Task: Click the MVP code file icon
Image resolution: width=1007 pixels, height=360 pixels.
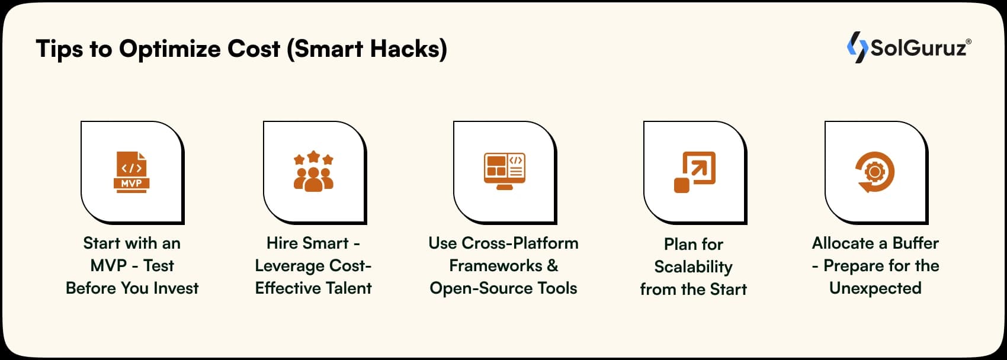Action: tap(132, 172)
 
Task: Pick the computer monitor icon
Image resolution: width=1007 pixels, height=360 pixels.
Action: tap(505, 171)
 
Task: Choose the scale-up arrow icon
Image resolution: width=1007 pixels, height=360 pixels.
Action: tap(695, 172)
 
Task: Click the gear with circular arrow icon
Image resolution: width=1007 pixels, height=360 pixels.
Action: tap(874, 172)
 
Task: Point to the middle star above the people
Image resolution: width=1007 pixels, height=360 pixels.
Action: tap(313, 156)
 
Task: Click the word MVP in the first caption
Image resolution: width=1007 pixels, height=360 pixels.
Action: tap(108, 266)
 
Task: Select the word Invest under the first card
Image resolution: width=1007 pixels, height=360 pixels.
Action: tap(176, 288)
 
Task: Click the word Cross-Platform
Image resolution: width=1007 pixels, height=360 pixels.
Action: tap(519, 243)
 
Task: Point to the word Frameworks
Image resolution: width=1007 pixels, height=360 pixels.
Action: tap(495, 266)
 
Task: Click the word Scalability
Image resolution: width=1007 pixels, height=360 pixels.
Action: tap(693, 267)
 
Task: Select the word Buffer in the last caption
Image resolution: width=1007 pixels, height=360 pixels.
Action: tap(915, 243)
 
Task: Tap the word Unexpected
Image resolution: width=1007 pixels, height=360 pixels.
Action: tap(875, 288)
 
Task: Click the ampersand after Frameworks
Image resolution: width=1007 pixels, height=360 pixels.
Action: tap(553, 266)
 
